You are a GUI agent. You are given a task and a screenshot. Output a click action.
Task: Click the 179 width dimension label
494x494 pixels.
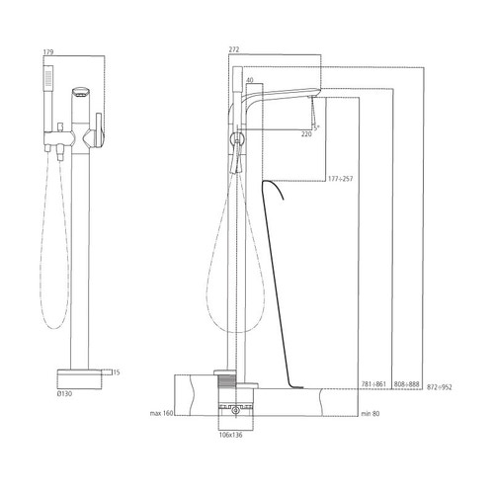coord(49,51)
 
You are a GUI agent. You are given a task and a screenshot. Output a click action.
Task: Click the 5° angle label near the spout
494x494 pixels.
coord(315,126)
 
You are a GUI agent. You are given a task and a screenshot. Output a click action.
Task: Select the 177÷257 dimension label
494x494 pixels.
coord(341,179)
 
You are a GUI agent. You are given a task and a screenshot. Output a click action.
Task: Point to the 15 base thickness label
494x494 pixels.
coord(116,372)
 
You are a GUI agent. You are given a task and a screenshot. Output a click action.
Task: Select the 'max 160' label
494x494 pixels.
coord(161,412)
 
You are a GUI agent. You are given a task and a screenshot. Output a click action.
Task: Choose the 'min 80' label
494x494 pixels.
coord(371,412)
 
